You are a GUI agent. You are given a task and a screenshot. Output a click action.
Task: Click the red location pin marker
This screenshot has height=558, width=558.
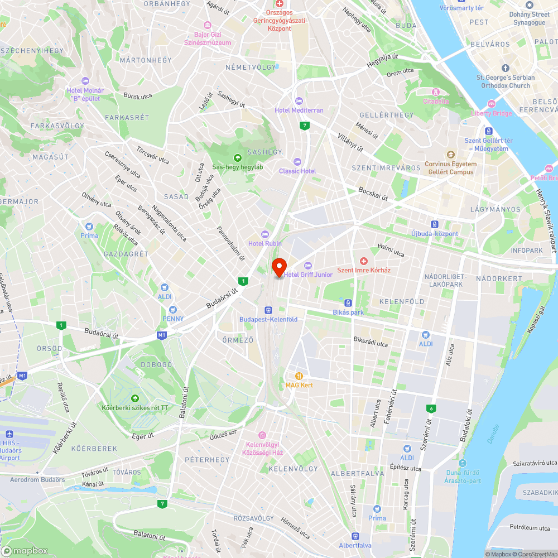click(278, 267)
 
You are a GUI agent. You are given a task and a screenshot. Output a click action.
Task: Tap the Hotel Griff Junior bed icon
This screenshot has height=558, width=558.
click(307, 265)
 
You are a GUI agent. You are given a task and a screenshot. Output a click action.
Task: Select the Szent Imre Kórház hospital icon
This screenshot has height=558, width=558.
click(363, 261)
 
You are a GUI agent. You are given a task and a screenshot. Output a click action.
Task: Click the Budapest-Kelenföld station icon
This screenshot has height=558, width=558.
click(268, 310)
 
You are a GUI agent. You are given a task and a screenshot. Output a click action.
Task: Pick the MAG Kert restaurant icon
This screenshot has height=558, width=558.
click(300, 376)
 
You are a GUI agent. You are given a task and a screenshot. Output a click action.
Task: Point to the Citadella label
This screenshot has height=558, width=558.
click(436, 101)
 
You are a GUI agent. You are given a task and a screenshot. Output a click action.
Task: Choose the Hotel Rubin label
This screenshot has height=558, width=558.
click(265, 243)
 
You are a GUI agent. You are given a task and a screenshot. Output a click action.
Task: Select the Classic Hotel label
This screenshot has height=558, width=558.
click(297, 171)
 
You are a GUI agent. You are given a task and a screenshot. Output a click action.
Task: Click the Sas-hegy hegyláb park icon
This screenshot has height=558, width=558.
click(238, 157)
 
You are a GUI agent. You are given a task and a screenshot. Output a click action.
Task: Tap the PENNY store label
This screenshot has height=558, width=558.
click(172, 319)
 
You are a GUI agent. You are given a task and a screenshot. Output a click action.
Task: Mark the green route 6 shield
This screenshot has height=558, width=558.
click(431, 408)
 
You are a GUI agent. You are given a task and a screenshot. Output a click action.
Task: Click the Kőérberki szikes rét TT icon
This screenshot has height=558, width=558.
click(134, 398)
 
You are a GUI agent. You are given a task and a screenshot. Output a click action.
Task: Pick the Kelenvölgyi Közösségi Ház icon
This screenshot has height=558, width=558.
click(262, 435)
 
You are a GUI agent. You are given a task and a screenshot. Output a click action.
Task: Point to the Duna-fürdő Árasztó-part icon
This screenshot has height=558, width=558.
click(461, 463)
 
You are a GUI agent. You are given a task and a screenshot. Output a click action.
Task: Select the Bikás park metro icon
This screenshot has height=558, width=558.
click(348, 302)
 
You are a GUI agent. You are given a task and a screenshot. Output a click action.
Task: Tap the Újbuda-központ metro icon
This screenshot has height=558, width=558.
click(434, 224)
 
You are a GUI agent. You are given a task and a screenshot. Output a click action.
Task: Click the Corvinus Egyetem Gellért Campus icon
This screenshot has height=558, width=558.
click(450, 155)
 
